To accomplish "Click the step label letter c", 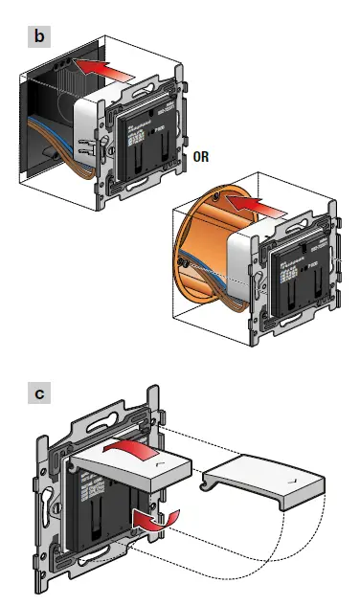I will point(39,393).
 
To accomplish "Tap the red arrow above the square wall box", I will point(104,70).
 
